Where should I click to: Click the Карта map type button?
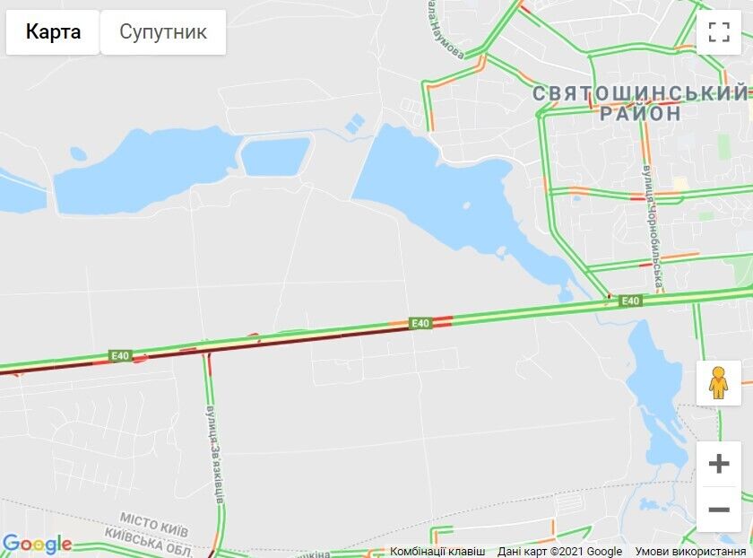(x=53, y=32)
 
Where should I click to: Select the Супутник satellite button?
(x=163, y=32)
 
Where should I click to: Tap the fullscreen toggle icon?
(x=719, y=32)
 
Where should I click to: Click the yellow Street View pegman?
(x=718, y=383)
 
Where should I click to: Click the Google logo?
(x=37, y=545)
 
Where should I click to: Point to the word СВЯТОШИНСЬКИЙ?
(x=639, y=93)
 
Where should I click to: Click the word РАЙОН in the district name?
(x=640, y=114)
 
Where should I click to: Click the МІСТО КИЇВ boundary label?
(x=153, y=521)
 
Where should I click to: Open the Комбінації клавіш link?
(x=437, y=551)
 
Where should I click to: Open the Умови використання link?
(x=690, y=551)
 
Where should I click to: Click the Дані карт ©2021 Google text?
(x=559, y=551)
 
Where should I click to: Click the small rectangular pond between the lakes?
(x=275, y=156)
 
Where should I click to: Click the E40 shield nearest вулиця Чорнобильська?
(x=631, y=301)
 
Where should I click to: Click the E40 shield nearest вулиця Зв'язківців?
(x=120, y=355)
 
